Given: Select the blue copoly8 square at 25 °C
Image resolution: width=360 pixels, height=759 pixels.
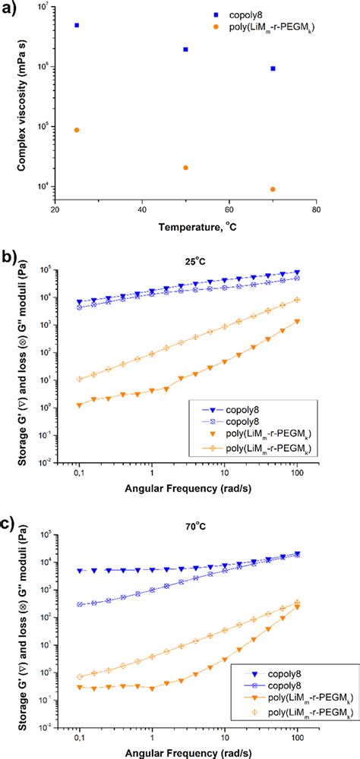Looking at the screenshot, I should pyautogui.click(x=77, y=25).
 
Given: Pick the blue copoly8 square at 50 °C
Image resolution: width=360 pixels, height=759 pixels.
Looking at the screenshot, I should pyautogui.click(x=185, y=49).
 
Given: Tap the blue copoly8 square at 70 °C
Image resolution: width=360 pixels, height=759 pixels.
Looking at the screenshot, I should pyautogui.click(x=273, y=68).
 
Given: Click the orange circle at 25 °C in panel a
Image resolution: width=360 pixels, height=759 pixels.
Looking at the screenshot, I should pyautogui.click(x=77, y=130).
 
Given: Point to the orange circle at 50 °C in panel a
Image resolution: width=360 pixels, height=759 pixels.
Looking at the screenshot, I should pyautogui.click(x=185, y=168).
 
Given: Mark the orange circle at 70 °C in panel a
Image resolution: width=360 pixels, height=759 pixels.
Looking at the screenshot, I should pyautogui.click(x=273, y=189).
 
